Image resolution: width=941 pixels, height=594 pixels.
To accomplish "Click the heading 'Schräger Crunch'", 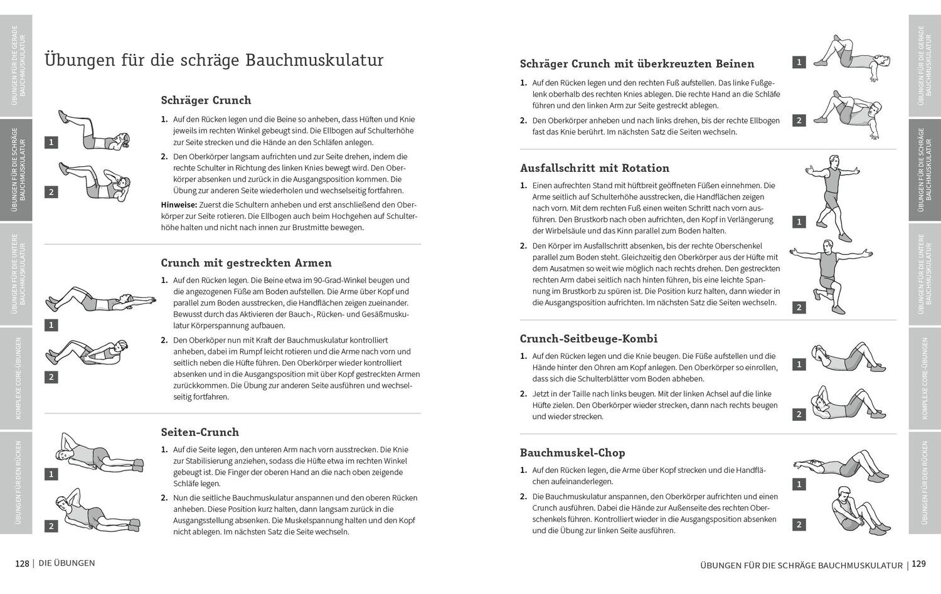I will (x=206, y=100).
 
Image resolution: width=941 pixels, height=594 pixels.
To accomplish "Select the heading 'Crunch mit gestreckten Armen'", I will (x=246, y=263).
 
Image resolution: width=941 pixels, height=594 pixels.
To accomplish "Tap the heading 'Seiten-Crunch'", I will (x=199, y=432).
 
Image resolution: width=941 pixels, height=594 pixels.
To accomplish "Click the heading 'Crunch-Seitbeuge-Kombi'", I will (x=588, y=339).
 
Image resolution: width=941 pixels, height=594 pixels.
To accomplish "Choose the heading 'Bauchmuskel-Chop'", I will (x=572, y=453).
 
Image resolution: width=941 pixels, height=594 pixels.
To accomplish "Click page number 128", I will (x=22, y=563).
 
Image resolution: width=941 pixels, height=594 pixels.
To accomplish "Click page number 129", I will (x=918, y=565).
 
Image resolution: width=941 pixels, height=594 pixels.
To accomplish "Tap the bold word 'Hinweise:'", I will (x=179, y=205).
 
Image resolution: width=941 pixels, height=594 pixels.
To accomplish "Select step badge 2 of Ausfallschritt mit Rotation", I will (x=799, y=307).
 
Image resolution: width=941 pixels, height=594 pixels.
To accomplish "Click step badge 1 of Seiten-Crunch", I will (x=51, y=474).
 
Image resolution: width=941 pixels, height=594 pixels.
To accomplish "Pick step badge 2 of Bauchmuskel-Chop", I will (x=799, y=525).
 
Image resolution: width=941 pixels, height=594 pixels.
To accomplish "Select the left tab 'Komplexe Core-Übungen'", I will (x=16, y=378).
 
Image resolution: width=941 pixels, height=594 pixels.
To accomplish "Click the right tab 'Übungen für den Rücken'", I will (x=925, y=482).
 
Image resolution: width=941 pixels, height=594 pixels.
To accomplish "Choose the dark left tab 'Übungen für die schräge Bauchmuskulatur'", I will (x=16, y=169).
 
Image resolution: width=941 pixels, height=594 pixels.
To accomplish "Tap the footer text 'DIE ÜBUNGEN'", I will (x=66, y=563).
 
